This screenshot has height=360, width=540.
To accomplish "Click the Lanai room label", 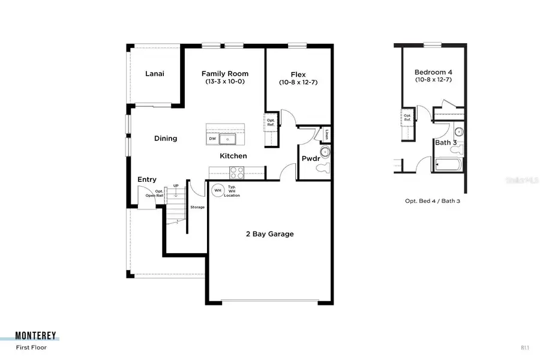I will [x=155, y=74].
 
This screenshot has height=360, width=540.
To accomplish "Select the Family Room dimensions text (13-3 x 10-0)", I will [x=225, y=82].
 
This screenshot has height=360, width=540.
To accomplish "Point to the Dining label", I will [x=166, y=139].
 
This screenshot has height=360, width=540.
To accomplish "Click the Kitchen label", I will [x=233, y=156].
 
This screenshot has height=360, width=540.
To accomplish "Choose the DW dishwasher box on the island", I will [x=212, y=139].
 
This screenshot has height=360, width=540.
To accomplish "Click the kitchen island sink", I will [x=229, y=139].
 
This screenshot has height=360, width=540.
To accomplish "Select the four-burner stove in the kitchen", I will [x=236, y=172].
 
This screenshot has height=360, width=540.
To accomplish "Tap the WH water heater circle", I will [x=217, y=190].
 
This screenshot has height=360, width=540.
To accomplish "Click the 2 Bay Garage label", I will [x=269, y=234].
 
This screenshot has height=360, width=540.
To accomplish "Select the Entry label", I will [x=147, y=179].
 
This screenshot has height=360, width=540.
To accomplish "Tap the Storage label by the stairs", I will [x=197, y=207].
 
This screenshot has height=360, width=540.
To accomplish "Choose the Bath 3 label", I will [x=446, y=142].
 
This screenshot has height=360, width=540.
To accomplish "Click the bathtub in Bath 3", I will [x=448, y=163].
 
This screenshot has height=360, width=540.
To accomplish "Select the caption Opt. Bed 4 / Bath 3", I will [x=432, y=201].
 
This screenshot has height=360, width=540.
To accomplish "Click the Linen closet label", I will [x=326, y=134].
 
